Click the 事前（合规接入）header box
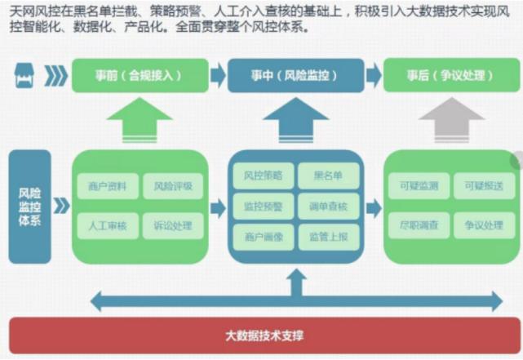click(138, 75)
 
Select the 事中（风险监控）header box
click(295, 75)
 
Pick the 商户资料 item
click(107, 187)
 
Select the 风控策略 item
click(263, 175)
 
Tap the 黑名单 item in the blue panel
click(328, 175)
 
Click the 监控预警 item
click(263, 206)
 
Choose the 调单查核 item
click(328, 206)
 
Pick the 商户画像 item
click(263, 237)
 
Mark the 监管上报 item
click(328, 237)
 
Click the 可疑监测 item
click(419, 187)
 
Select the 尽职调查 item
click(419, 224)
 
